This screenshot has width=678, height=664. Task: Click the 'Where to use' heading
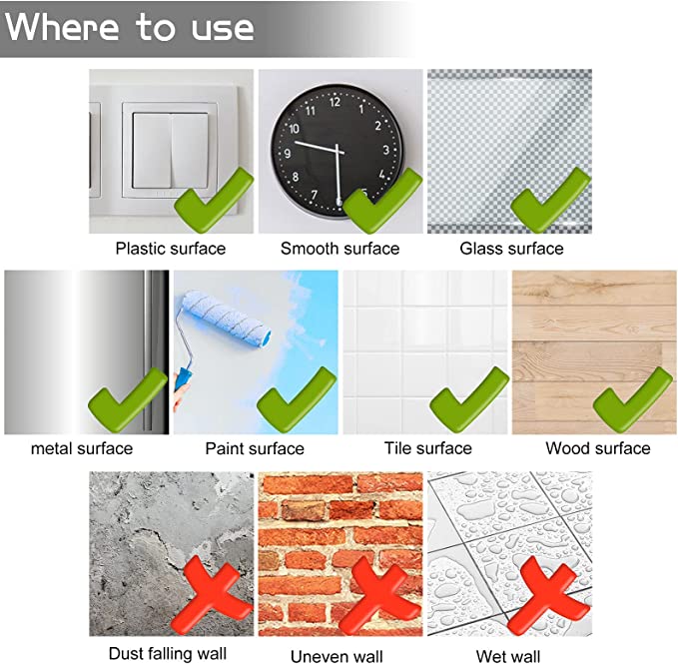coord(129,27)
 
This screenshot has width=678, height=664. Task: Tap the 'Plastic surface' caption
coord(171,249)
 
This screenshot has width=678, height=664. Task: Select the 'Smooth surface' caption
coord(339,249)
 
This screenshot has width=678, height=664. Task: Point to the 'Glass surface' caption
coord(511,249)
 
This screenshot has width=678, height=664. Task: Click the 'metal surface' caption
coord(82,448)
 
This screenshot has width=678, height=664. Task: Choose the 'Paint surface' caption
coord(255,448)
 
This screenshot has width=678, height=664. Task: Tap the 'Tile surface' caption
coord(428,448)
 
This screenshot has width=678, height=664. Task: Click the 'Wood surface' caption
coord(598,448)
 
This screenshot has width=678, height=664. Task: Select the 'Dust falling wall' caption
coord(168,653)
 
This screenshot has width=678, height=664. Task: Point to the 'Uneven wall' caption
coord(337,656)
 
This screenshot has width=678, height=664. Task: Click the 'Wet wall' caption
coord(508,656)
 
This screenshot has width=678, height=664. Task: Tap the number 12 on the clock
coord(335,102)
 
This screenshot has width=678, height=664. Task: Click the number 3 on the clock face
coord(385,150)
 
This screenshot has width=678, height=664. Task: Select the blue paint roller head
coord(227,318)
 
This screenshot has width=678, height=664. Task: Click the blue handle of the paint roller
coord(183,379)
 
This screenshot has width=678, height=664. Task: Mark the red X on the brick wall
coord(379,595)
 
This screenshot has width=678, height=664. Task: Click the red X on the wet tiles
coord(548,595)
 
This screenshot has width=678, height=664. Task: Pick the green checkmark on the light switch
coord(214,201)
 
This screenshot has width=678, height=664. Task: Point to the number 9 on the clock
coord(287,154)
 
